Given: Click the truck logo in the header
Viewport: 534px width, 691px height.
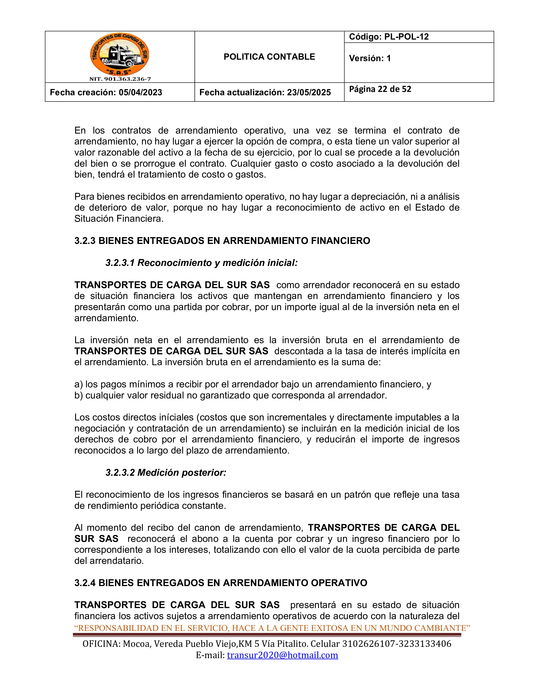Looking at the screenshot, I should [120, 54].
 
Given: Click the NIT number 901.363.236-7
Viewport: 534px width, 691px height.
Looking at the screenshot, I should [120, 79].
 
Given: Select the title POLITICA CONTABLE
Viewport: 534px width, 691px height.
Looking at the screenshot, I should [269, 57].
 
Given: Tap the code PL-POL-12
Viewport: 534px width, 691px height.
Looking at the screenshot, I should [406, 37].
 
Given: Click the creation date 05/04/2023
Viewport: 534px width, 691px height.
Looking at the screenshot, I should [141, 92].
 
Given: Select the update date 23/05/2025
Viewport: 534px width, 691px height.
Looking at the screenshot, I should [309, 92].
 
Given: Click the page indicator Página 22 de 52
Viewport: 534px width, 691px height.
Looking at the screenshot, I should [380, 89].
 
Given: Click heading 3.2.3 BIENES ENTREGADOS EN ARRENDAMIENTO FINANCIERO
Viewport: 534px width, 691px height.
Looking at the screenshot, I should [222, 241].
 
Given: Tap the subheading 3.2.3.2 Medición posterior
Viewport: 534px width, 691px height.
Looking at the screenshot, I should [166, 473].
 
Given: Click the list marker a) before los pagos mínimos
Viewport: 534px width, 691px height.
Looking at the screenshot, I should [79, 384].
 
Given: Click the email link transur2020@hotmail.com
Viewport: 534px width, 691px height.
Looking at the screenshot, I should [282, 655].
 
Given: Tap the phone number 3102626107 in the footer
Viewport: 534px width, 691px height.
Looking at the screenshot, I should [367, 644].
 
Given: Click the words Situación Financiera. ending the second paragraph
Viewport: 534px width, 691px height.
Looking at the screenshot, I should [119, 219].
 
